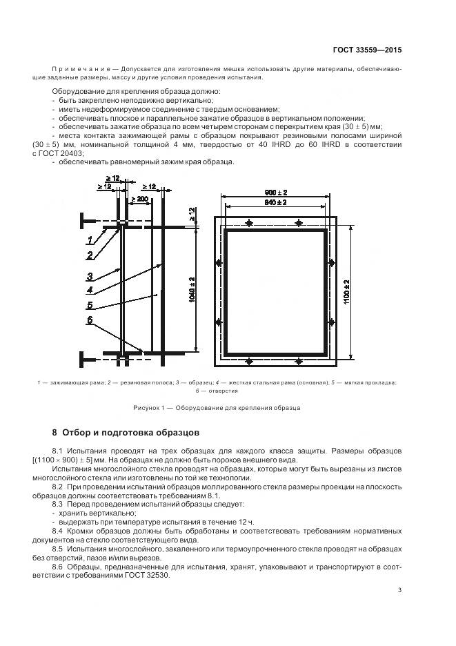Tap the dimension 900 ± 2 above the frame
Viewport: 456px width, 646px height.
pos(276,192)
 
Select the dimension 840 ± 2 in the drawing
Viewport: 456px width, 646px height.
pos(276,202)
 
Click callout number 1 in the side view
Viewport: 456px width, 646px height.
pos(90,239)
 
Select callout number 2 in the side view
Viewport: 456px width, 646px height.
pos(90,255)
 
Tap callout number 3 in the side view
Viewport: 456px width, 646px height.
pos(90,276)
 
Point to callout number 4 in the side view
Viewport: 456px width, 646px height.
pos(90,291)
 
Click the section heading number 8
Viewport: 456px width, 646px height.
pos(55,433)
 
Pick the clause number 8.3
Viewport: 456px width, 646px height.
pos(58,505)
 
